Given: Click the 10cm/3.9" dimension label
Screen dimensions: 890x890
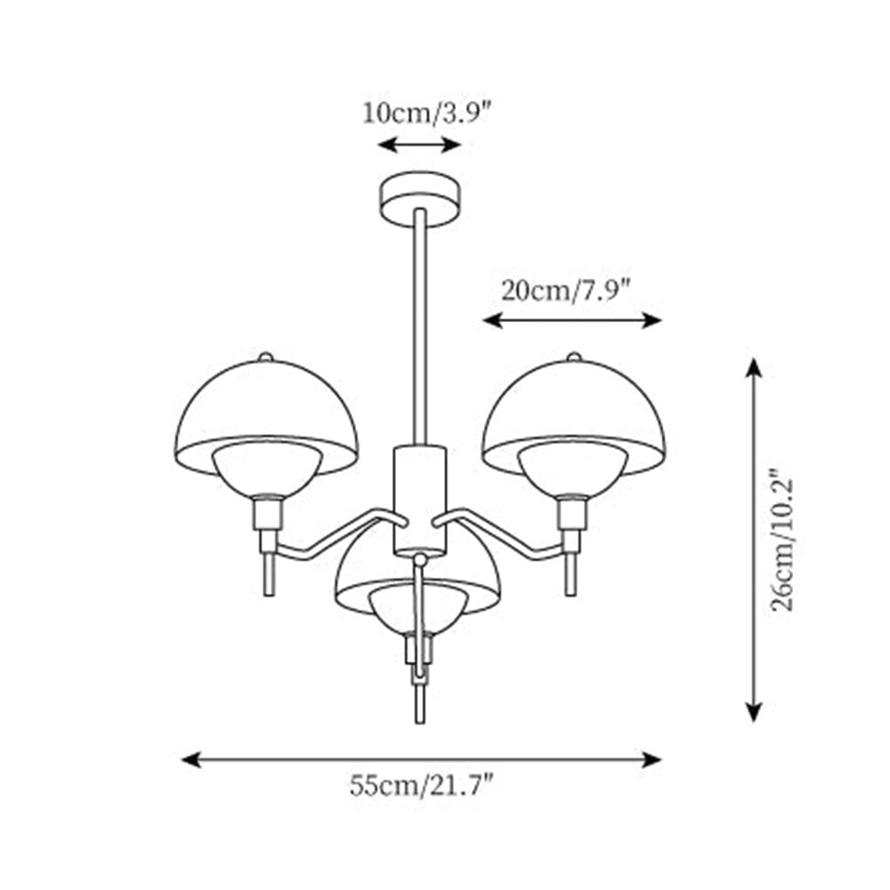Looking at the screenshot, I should point(426,114).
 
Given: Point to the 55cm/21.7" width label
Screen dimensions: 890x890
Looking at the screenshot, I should point(421,786).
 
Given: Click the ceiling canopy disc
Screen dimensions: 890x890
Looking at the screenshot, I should point(419,194).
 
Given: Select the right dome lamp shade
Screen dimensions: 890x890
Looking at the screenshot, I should point(571,405).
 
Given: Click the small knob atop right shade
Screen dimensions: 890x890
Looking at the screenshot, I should point(573,357).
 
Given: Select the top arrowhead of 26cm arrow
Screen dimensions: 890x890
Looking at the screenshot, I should point(754,366).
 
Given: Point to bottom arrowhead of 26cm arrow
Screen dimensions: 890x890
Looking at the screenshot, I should point(754,712).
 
